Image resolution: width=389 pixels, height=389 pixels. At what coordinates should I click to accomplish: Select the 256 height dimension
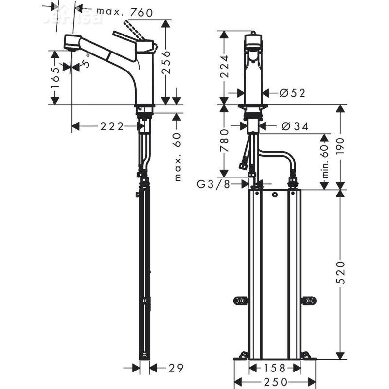[x=166, y=62]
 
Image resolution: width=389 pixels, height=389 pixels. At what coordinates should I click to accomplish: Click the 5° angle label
[x=87, y=63]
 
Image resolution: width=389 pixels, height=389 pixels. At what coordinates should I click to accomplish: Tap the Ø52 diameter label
[x=293, y=93]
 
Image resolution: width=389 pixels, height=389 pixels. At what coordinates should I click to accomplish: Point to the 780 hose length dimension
[x=224, y=141]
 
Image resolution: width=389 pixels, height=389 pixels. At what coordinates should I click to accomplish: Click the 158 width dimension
[x=276, y=368]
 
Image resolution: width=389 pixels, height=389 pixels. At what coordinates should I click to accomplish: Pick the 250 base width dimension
[x=276, y=382]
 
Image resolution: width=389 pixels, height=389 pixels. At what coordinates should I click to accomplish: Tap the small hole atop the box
[x=276, y=195]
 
